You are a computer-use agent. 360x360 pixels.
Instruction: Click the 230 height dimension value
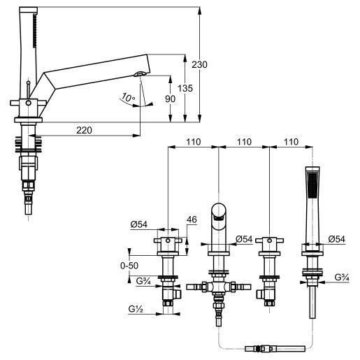point(199,64)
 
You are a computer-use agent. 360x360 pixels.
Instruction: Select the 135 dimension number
point(185,88)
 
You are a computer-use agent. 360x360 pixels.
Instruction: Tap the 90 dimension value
point(170,99)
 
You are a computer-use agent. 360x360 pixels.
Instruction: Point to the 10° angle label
point(128,97)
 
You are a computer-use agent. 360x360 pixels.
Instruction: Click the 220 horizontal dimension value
point(84,130)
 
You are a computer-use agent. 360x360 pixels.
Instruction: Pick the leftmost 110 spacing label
point(194,142)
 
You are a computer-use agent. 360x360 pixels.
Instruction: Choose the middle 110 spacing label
point(244,142)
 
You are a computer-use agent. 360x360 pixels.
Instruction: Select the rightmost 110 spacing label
point(291,142)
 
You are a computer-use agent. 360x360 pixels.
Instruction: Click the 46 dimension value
point(192,219)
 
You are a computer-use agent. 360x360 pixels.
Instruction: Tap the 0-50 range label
point(129,266)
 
